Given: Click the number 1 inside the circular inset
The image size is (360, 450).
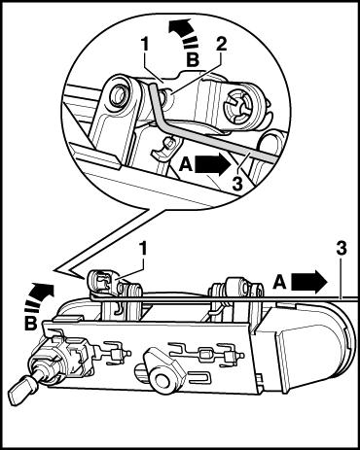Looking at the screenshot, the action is coord(145,46).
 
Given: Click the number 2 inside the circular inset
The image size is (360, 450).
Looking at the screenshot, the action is coord(221,46).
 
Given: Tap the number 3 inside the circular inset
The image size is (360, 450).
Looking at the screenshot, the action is coord(237,183).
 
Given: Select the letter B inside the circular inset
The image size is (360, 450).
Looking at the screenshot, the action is coord(193,59).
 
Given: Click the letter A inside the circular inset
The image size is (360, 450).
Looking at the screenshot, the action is coord(186,165).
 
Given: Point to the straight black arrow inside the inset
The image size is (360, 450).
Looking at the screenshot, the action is coord(212,165).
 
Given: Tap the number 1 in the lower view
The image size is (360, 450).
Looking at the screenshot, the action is coord(144,250).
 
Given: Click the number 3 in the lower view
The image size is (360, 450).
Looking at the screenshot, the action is coord(341,249).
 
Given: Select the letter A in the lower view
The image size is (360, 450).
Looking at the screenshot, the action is coord(280,281).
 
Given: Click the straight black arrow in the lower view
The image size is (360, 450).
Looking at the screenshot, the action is coord(309,281).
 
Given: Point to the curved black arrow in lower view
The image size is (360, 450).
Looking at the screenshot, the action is coord(38,296).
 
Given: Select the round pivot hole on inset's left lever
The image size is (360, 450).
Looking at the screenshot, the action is coord(117,96).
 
